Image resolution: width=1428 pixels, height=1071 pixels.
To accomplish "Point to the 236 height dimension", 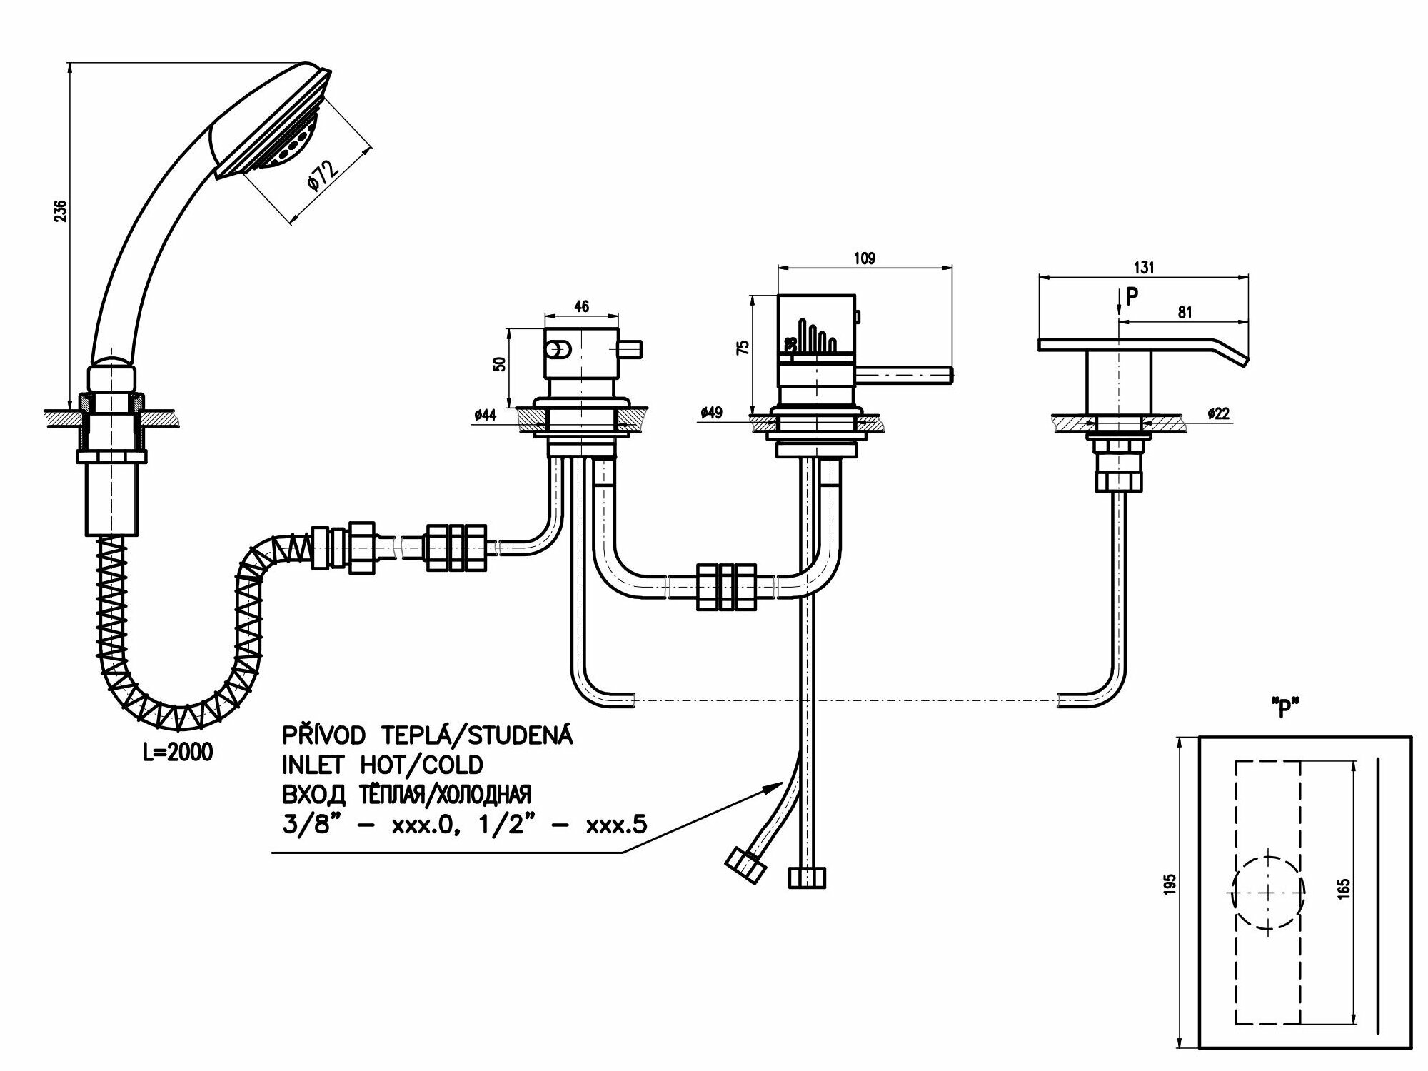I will [x=61, y=211].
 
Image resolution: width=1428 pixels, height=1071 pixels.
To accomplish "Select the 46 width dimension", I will [x=581, y=306].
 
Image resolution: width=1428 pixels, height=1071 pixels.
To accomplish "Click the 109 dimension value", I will [x=864, y=258].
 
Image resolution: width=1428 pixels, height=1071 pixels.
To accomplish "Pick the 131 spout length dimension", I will [x=1143, y=268].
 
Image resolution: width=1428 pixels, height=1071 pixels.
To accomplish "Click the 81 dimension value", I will [x=1184, y=313].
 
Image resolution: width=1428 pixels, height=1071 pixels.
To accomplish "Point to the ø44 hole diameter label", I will [x=485, y=415].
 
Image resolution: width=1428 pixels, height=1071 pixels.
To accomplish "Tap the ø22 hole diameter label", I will [x=1218, y=413].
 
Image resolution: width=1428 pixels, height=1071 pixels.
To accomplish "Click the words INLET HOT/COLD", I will [x=382, y=765].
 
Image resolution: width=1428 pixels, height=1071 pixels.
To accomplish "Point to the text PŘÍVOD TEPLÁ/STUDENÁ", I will [x=427, y=735].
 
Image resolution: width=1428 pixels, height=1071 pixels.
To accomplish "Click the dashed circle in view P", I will [x=1268, y=892].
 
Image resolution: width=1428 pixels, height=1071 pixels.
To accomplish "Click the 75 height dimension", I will [x=744, y=348].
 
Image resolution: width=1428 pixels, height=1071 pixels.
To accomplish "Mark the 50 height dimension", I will [x=501, y=363].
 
